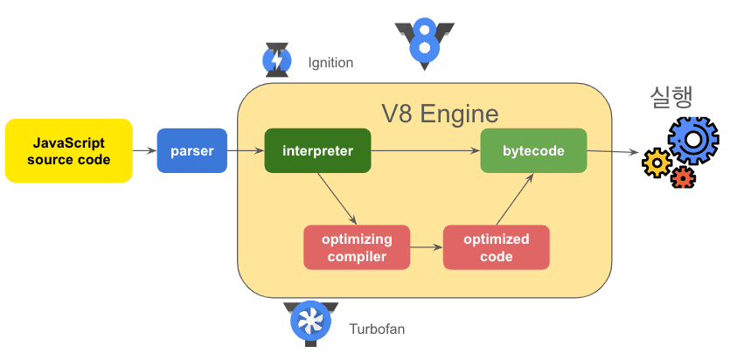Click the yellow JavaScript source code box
coord(69,150)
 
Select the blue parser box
coord(192,150)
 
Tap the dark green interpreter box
coord(317,151)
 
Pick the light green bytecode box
coord(533,151)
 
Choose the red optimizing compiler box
coord(357,247)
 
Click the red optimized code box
coord(497,247)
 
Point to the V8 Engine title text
coord(440,114)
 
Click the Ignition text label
coord(330,63)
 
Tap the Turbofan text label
coord(377,329)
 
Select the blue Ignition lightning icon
coord(277,60)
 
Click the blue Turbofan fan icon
coord(310,322)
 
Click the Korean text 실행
coord(671,97)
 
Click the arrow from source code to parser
coord(145,151)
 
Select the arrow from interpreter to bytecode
coord(426,151)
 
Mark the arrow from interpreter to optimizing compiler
coord(337,198)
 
